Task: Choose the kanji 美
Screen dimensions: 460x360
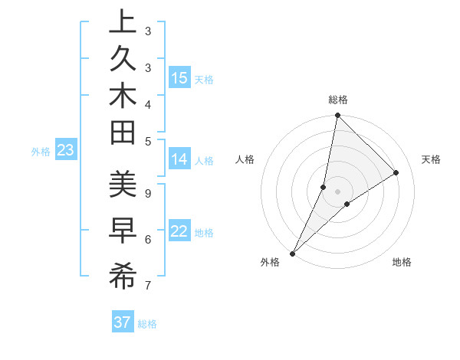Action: (x=123, y=186)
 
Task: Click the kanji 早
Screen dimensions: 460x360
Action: (x=123, y=231)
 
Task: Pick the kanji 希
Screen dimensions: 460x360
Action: (x=123, y=277)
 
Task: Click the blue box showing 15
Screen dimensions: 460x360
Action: (x=179, y=78)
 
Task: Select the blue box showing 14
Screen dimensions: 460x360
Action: (x=179, y=159)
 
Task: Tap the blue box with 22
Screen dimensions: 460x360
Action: (x=179, y=232)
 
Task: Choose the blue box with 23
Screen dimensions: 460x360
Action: (x=65, y=151)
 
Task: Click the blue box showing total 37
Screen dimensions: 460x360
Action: (x=122, y=322)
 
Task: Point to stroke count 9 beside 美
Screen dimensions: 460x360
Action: (x=148, y=193)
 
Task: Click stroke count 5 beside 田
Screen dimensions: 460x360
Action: (x=148, y=140)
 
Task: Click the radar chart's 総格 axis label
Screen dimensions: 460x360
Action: (x=337, y=100)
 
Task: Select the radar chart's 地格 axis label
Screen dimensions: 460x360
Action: (x=402, y=262)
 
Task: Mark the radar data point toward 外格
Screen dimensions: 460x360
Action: (x=293, y=253)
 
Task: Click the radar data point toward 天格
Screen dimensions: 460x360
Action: (x=396, y=172)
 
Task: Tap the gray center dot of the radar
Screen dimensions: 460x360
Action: (x=337, y=191)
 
